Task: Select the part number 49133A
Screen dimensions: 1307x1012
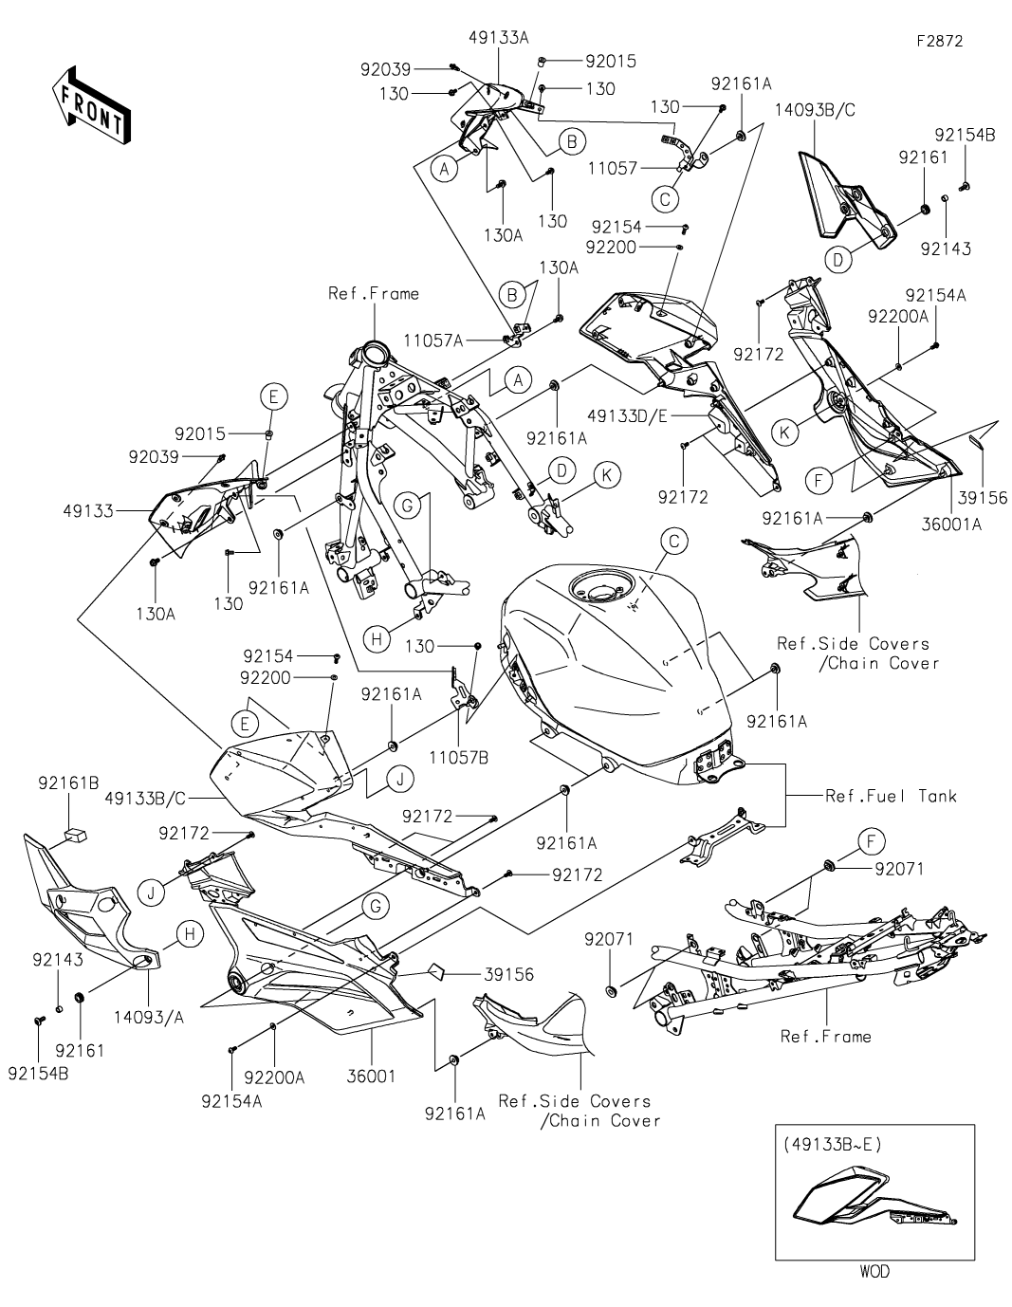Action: pyautogui.click(x=498, y=37)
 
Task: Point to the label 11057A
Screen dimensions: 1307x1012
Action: pyautogui.click(x=432, y=340)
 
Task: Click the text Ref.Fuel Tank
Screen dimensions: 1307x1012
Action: pyautogui.click(x=891, y=796)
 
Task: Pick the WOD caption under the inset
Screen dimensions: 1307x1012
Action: pyautogui.click(x=874, y=1271)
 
